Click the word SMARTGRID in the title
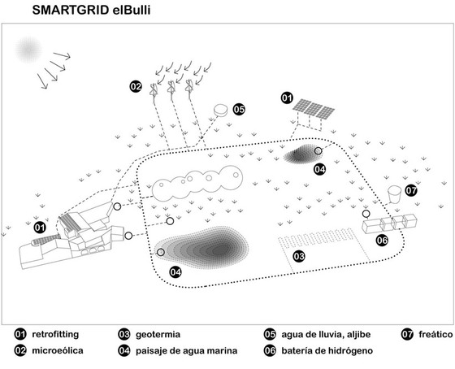(x=71, y=11)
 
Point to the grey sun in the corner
(x=28, y=50)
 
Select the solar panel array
(x=313, y=109)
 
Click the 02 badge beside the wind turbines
(x=136, y=86)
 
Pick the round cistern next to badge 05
(x=221, y=111)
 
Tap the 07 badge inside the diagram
(x=411, y=190)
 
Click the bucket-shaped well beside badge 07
(x=395, y=194)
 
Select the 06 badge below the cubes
(x=382, y=240)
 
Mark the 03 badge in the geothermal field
(x=299, y=256)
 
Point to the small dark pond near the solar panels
(x=301, y=154)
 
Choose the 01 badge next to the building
(x=40, y=228)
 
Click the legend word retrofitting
(x=55, y=334)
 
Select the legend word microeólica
(x=58, y=350)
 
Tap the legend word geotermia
(x=158, y=334)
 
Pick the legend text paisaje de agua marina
(x=187, y=350)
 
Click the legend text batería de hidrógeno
(x=327, y=350)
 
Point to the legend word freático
(x=435, y=334)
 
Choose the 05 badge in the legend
(x=270, y=334)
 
